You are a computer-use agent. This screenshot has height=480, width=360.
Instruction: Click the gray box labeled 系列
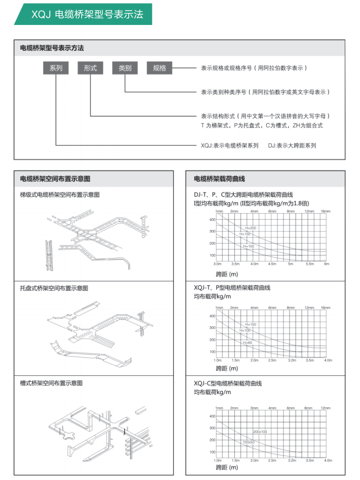click(56, 68)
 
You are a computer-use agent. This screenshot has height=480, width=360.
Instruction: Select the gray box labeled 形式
click(90, 68)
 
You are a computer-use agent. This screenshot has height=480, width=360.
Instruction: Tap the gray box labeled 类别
click(125, 68)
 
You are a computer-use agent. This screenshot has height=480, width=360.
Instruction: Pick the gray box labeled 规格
click(159, 68)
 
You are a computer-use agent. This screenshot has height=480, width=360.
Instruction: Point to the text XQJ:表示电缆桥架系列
click(230, 145)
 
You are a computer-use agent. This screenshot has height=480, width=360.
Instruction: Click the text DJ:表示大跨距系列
click(292, 145)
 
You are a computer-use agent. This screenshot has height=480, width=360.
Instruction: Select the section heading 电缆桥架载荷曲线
click(219, 179)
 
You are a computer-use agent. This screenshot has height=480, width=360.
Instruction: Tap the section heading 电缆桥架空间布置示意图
click(55, 179)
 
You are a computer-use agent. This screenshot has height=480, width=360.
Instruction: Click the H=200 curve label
click(251, 228)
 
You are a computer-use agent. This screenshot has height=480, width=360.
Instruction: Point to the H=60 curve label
click(248, 342)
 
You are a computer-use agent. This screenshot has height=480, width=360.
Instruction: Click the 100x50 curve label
click(249, 442)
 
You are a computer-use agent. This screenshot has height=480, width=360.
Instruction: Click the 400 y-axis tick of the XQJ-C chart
click(212, 416)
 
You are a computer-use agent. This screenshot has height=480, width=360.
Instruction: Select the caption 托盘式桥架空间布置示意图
click(54, 288)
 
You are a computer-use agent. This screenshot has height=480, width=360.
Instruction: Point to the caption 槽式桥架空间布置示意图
click(51, 383)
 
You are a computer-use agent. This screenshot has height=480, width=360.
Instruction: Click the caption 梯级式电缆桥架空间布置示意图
click(60, 195)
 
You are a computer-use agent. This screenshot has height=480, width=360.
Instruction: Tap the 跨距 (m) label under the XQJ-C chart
click(227, 468)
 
